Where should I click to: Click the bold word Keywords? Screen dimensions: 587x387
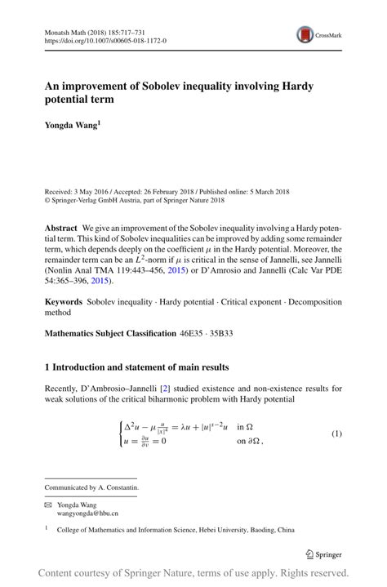tap(64, 301)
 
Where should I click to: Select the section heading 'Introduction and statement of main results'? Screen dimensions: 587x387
tap(143, 367)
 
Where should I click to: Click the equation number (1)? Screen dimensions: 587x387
tap(336, 433)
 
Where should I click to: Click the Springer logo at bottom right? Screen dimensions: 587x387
tap(322, 554)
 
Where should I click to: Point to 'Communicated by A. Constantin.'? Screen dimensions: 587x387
tap(91, 487)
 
